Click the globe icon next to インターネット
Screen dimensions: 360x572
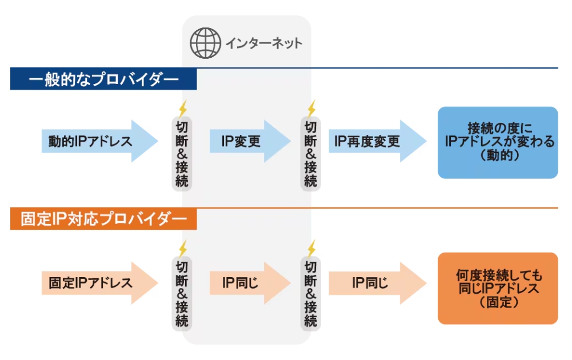tap(205, 43)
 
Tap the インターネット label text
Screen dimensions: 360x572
tap(263, 43)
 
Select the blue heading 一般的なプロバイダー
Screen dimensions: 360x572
tap(103, 79)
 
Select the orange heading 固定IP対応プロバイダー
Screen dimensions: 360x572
tap(103, 219)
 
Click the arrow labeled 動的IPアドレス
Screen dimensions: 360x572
tap(97, 141)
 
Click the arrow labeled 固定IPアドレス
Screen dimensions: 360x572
tap(97, 283)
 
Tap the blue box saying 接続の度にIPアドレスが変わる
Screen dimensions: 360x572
tap(497, 142)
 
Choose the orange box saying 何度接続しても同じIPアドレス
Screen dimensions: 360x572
tap(497, 289)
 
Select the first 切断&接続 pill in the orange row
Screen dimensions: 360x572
tap(182, 294)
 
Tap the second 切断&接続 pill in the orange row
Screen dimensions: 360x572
tap(310, 294)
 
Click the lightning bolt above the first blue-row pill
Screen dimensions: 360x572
tap(183, 108)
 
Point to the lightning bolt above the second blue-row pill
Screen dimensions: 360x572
tap(311, 108)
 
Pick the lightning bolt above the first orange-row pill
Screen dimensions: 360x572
tap(183, 249)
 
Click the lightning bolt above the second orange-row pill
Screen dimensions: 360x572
tap(311, 249)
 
